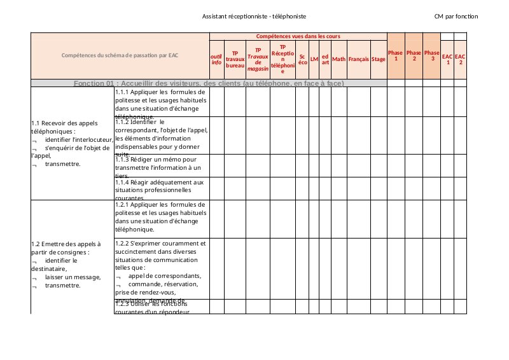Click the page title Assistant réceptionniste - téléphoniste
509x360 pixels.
coord(254,15)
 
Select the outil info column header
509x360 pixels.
coord(216,59)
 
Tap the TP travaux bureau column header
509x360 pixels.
coord(235,59)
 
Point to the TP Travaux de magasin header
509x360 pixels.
coord(258,59)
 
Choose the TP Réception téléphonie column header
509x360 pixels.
coord(282,59)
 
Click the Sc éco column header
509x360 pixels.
coord(302,59)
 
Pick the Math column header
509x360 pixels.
coord(338,59)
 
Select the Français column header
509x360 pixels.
coord(358,59)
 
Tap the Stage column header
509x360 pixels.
coord(379,59)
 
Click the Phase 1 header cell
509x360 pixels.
coord(396,55)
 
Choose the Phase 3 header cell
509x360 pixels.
coord(431,55)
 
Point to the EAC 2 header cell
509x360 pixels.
coord(461,59)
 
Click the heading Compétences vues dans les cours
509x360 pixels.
coord(298,36)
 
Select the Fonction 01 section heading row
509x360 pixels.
coord(209,83)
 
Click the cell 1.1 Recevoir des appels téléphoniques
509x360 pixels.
coord(72,143)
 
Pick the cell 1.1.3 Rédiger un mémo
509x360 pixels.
coord(161,165)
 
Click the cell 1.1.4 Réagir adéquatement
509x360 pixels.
coord(161,188)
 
